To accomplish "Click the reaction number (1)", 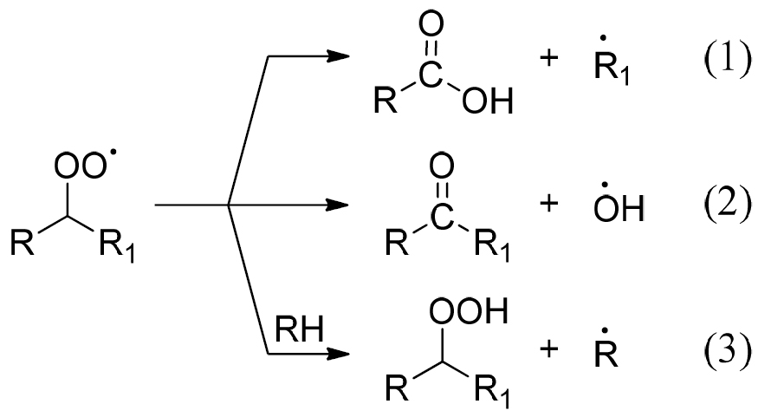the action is pyautogui.click(x=727, y=61).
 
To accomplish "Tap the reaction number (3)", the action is pyautogui.click(x=727, y=351).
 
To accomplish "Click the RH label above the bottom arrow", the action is pyautogui.click(x=299, y=329).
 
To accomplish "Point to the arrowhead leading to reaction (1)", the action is pyautogui.click(x=338, y=56).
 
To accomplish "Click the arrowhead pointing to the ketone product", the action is pyautogui.click(x=338, y=205).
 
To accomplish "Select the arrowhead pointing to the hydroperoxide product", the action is pyautogui.click(x=338, y=354).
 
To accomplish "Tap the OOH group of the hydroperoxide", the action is pyautogui.click(x=469, y=310).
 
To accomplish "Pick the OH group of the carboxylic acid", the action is pyautogui.click(x=487, y=101).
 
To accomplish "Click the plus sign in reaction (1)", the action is pyautogui.click(x=548, y=59).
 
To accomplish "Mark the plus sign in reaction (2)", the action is pyautogui.click(x=548, y=203).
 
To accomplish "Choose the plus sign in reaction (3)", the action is pyautogui.click(x=548, y=349).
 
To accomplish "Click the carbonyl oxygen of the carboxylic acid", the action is pyautogui.click(x=431, y=24).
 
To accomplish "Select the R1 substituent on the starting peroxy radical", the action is pyautogui.click(x=117, y=245).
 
